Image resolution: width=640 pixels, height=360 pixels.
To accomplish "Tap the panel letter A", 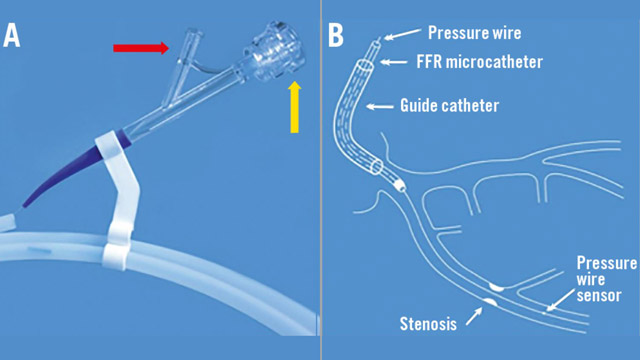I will point(13,35).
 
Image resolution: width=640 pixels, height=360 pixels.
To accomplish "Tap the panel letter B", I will point(336,35).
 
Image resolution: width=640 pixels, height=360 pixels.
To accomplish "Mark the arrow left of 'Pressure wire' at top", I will point(400,36).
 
